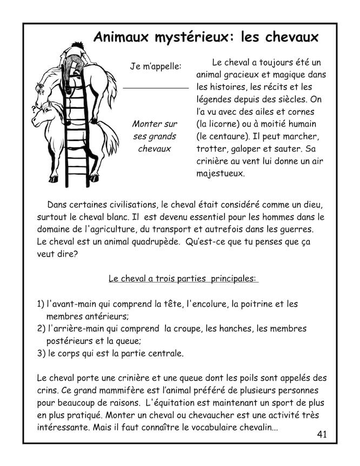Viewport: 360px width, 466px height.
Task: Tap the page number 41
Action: click(322, 434)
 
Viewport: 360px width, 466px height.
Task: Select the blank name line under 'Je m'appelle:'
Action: click(156, 88)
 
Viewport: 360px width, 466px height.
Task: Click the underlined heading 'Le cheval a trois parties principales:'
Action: click(183, 279)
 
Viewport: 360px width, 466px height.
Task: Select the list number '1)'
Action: click(41, 304)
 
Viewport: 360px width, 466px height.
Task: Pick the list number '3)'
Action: click(41, 354)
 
